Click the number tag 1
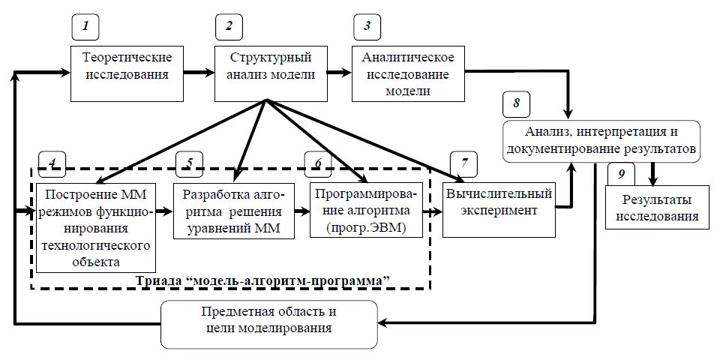[x=86, y=27]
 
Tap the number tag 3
[x=366, y=27]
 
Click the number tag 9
[x=621, y=174]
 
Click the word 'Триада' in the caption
[x=160, y=280]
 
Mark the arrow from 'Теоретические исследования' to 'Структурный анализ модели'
[x=199, y=73]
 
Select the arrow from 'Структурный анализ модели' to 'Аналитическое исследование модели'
[x=340, y=73]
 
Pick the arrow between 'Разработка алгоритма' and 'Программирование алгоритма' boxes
[x=299, y=211]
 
